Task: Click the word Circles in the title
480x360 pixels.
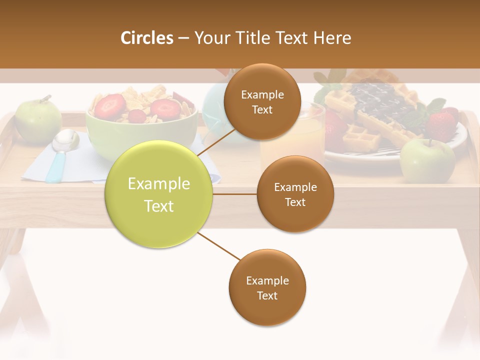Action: [x=147, y=38]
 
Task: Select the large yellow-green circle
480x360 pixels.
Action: [x=158, y=194]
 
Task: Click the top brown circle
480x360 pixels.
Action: [x=262, y=102]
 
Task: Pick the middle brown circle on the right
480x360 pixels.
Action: [x=295, y=194]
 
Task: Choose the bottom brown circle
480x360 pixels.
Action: [x=267, y=288]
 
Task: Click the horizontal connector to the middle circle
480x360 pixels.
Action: [x=235, y=194]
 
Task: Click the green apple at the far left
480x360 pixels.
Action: [x=38, y=121]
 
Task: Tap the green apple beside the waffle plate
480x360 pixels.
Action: [x=427, y=160]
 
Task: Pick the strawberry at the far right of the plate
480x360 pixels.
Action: [x=442, y=124]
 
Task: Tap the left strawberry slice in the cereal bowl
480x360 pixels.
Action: [x=109, y=106]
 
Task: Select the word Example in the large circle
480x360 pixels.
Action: [x=158, y=184]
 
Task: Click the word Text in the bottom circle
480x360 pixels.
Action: [x=267, y=295]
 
